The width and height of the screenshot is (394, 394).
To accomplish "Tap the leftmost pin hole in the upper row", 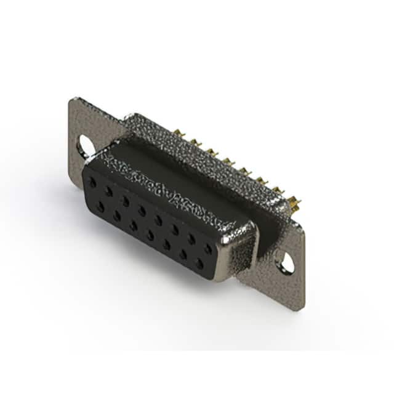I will pos(92,182).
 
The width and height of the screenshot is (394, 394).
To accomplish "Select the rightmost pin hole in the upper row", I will pos(208,249).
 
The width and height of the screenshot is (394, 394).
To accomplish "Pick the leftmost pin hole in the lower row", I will pos(100,207).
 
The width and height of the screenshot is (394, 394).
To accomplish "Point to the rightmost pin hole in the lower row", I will pos(199,264).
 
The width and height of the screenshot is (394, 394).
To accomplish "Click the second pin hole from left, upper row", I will pos(109,191).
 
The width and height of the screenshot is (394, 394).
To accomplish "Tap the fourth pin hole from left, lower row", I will pos(150,235).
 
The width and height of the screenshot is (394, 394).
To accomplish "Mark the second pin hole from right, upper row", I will pos(191,239).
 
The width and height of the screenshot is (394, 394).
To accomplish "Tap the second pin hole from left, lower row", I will pos(116,216).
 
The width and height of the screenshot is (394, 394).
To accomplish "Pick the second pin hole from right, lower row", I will pos(183,254).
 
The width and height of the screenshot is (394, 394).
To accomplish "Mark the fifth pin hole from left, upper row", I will pos(158,220).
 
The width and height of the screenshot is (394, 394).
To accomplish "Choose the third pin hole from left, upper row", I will pos(126,201).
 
